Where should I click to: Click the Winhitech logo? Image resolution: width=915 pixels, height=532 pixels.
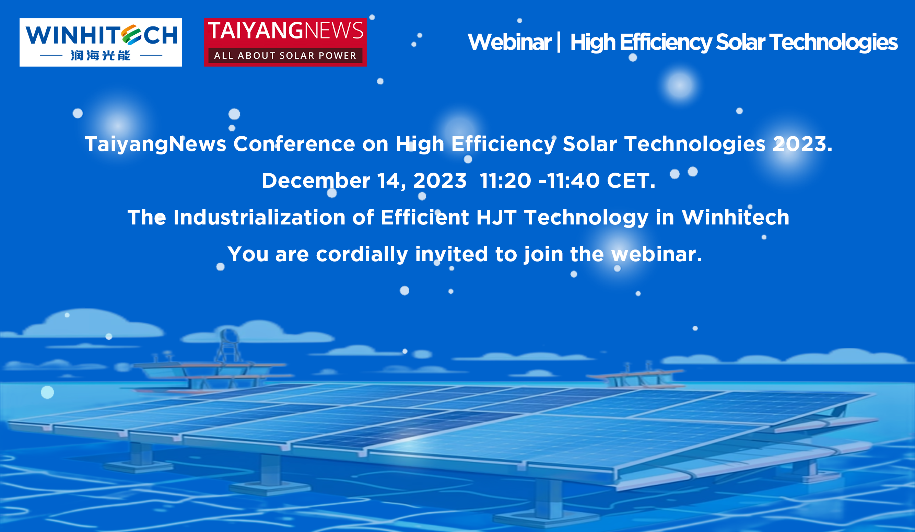101,42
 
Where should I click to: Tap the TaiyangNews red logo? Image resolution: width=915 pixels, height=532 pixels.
285,42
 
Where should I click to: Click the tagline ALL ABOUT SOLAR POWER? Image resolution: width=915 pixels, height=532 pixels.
285,56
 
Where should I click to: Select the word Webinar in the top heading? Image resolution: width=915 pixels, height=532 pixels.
509,42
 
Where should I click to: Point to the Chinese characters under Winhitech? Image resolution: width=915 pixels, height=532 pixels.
101,56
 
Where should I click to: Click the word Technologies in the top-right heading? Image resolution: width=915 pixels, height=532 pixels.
833,43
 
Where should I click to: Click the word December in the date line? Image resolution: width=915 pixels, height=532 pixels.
316,181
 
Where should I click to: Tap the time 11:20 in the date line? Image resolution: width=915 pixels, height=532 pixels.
505,181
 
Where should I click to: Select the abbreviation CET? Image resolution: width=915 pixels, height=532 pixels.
631,181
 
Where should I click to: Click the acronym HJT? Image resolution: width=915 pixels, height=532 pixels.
496,218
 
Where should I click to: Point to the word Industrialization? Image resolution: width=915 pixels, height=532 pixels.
259,217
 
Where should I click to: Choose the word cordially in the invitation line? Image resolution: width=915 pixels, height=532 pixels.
362,254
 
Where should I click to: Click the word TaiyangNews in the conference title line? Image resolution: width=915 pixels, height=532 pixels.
155,144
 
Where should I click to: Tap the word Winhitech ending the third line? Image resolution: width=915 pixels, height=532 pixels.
735,217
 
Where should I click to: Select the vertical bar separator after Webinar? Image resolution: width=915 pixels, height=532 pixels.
559,43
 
